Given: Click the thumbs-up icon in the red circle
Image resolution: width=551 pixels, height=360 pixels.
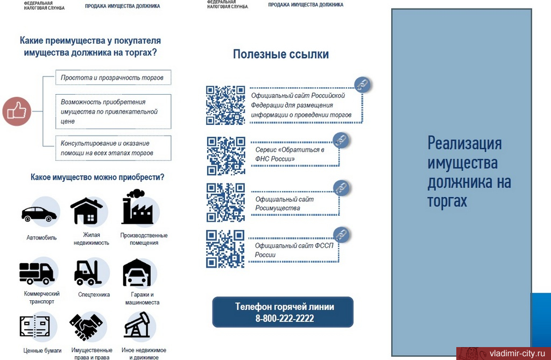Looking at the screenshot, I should coord(17,111).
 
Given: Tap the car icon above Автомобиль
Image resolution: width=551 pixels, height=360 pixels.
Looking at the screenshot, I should coord(39,214).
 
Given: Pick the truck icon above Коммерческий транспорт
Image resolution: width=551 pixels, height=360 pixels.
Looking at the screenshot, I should coord(37,273).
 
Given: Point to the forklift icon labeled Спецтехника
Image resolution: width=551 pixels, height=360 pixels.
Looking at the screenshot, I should coord(88,272).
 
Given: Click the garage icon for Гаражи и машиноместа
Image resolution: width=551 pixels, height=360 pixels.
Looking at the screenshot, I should coord(137,273).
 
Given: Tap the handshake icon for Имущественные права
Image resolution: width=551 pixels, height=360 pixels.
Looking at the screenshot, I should coord(86,327).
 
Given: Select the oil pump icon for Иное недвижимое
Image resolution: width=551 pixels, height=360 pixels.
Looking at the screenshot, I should coord(137,325).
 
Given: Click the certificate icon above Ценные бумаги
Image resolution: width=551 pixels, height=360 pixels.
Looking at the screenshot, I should coord(34,327).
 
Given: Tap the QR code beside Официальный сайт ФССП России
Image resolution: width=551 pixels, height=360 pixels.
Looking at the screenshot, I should coord(225,249).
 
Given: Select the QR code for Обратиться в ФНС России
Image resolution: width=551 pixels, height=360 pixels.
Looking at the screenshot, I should coord(225,155).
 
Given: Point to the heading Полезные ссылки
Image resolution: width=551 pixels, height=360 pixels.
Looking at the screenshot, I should coord(280,54).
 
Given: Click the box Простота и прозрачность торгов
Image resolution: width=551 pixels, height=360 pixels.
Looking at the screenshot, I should coord(113,77).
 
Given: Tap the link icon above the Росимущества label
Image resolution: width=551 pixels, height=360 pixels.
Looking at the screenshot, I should coord(341,188).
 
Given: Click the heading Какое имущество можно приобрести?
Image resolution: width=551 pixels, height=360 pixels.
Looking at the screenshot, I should coord(97,177).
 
